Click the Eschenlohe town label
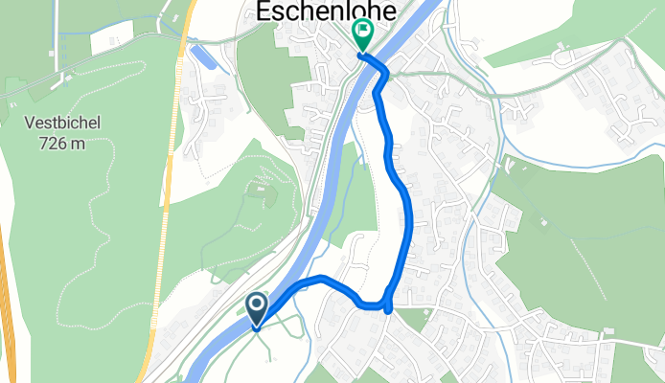click(312, 11)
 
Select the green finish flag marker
click(363, 34)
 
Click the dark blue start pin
click(258, 309)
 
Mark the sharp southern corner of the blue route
click(387, 307)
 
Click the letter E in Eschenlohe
click(261, 11)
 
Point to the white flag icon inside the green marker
click(363, 32)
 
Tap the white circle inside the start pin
click(258, 305)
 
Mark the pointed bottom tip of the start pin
click(258, 329)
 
